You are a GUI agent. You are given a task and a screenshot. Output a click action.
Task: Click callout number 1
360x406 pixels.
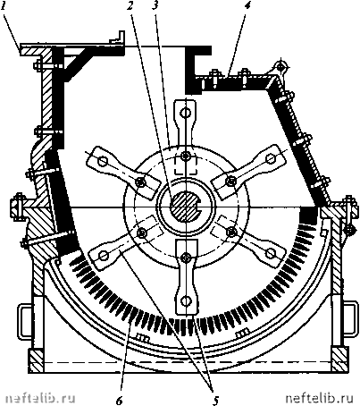coord(4,6)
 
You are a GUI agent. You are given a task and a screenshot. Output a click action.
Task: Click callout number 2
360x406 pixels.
coord(130,6)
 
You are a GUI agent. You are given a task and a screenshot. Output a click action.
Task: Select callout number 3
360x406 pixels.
coord(155,6)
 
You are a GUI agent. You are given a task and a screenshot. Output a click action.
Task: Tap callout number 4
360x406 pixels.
coord(247,6)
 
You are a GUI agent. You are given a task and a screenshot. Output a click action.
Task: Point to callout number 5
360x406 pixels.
coord(215,400)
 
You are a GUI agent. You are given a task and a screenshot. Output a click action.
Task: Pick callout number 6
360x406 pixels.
coord(119,401)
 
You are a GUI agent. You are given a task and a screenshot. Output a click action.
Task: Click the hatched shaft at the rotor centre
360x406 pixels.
coord(185,206)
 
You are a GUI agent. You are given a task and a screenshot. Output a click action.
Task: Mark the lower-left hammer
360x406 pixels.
coord(124,241)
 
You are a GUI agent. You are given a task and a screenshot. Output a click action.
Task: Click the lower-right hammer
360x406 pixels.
coord(248,241)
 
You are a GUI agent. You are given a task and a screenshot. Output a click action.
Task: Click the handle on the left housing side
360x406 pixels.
coord(24,321)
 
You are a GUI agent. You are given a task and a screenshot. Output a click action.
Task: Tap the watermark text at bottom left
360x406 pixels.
coord(40,398)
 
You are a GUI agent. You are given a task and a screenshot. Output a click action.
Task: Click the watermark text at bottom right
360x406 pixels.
coord(319,398)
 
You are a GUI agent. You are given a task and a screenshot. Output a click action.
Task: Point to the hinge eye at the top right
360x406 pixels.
coord(280,66)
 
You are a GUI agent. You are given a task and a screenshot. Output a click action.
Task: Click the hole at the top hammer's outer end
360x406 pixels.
coord(186,113)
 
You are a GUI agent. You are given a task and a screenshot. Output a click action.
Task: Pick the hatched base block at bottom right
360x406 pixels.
coord(339,359)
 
